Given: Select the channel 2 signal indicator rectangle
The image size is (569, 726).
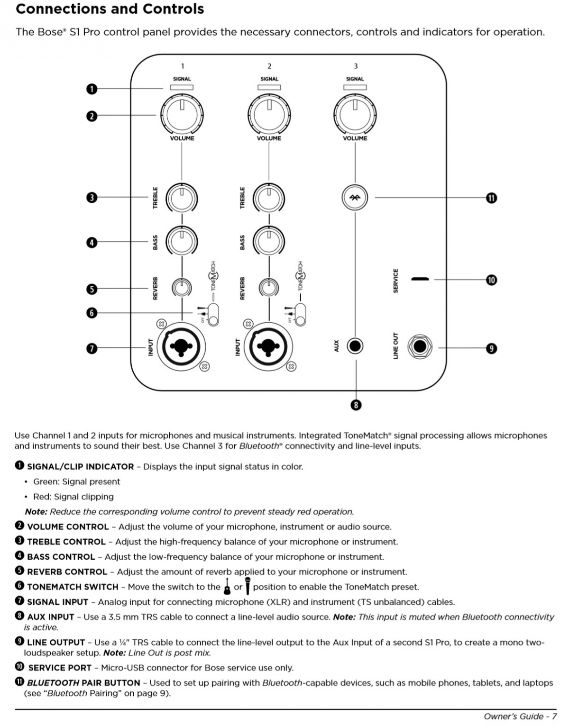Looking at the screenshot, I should [x=269, y=87].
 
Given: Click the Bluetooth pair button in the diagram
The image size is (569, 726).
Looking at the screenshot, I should [x=355, y=198].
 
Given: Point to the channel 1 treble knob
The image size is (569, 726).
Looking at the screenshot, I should [x=182, y=198].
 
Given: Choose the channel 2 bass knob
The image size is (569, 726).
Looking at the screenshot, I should [x=269, y=241].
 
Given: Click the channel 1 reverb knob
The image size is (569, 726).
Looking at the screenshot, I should [x=182, y=287].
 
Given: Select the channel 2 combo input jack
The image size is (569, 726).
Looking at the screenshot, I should [x=269, y=347].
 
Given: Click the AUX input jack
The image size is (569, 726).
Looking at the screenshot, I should [x=355, y=346].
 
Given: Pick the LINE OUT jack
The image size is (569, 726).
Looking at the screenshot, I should [x=420, y=346].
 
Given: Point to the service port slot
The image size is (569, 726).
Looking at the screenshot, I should [x=420, y=279].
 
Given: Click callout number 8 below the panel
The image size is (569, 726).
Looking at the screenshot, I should [x=356, y=405].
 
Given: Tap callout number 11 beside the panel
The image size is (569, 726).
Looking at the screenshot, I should [x=491, y=198].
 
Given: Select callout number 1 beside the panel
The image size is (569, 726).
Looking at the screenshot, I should [x=92, y=89].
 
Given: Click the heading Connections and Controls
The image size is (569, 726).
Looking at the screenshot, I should [x=110, y=9].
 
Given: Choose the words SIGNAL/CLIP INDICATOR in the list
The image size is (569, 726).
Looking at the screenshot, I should [x=80, y=467].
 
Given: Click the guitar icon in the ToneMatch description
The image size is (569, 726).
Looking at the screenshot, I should [x=227, y=586].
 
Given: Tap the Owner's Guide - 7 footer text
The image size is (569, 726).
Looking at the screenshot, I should [x=520, y=716].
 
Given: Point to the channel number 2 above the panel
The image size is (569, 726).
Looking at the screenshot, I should [x=269, y=66].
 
